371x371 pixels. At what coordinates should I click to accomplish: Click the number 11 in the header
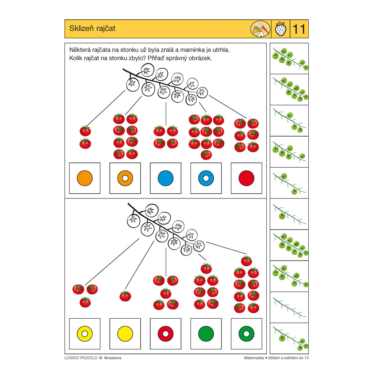pyautogui.click(x=299, y=29)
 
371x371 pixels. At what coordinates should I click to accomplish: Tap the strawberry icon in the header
pyautogui.click(x=280, y=29)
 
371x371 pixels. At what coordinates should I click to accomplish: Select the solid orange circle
pyautogui.click(x=85, y=178)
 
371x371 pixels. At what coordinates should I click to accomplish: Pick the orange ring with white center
pyautogui.click(x=125, y=178)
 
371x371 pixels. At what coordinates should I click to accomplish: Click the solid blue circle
pyautogui.click(x=165, y=178)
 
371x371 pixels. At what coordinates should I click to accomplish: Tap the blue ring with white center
pyautogui.click(x=206, y=178)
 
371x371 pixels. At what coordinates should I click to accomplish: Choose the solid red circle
pyautogui.click(x=246, y=178)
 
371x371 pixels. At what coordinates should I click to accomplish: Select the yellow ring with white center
pyautogui.click(x=85, y=334)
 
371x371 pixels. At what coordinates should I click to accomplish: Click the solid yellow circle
pyautogui.click(x=125, y=334)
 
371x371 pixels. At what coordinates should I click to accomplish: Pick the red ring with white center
pyautogui.click(x=165, y=334)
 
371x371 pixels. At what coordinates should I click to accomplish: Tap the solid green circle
pyautogui.click(x=206, y=334)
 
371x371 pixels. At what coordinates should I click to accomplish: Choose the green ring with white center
pyautogui.click(x=246, y=334)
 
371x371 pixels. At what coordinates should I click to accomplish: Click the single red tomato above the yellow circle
pyautogui.click(x=125, y=296)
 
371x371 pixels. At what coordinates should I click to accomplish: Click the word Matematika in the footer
pyautogui.click(x=254, y=358)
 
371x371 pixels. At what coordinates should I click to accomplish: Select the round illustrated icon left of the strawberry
pyautogui.click(x=259, y=29)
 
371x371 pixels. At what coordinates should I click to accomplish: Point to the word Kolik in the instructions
pyautogui.click(x=76, y=58)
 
